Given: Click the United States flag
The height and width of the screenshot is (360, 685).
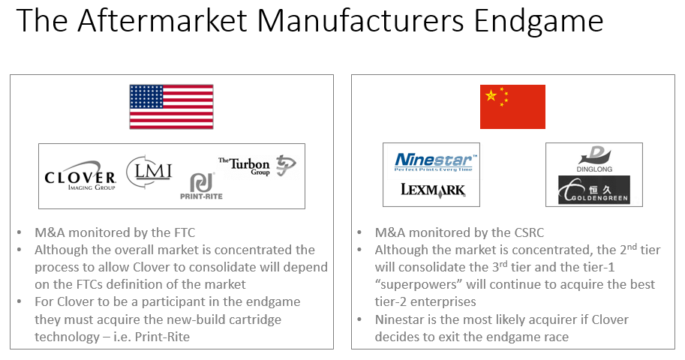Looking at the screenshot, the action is (x=171, y=106).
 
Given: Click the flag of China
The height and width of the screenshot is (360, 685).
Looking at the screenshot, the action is (x=512, y=106).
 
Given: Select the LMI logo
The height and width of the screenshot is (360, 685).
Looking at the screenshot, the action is (x=149, y=171).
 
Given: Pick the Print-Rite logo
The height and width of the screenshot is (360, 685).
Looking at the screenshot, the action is (x=201, y=187).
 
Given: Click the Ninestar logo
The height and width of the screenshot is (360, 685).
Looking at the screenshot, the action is (x=434, y=162).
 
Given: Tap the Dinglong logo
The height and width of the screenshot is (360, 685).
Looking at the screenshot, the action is (x=594, y=159).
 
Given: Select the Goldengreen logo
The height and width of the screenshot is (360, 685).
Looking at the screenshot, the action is (x=594, y=190).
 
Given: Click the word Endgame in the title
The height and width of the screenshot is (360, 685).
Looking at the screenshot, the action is (x=539, y=21).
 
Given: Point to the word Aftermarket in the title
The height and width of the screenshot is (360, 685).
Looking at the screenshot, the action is (x=163, y=20).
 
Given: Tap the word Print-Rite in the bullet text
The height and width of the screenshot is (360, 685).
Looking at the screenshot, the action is (x=162, y=337).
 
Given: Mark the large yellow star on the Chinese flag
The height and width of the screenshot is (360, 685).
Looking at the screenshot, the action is (x=491, y=95).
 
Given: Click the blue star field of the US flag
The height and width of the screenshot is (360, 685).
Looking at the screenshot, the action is (x=146, y=97).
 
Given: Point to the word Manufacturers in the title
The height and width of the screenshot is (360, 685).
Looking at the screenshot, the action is (x=360, y=20).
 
